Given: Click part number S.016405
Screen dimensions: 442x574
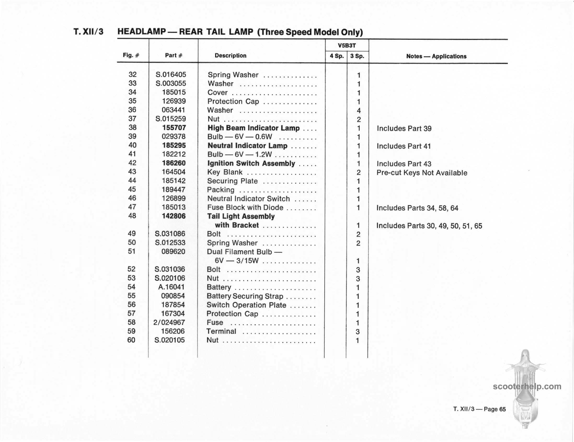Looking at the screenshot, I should pyautogui.click(x=171, y=75).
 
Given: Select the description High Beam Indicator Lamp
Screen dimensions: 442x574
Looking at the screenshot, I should pyautogui.click(x=253, y=128).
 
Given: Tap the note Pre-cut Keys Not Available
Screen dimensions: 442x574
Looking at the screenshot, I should pyautogui.click(x=422, y=173).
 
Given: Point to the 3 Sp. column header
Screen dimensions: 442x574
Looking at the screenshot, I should pyautogui.click(x=357, y=56).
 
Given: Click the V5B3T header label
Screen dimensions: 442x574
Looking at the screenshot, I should pyautogui.click(x=347, y=45).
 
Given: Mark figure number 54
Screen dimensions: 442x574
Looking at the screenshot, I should pyautogui.click(x=131, y=287).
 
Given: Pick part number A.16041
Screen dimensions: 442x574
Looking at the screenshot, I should pyautogui.click(x=171, y=287).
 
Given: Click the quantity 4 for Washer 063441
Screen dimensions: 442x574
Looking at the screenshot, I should pyautogui.click(x=359, y=110).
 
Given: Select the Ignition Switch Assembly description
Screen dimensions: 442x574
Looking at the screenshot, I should pyautogui.click(x=251, y=163).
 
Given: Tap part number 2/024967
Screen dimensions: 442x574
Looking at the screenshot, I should pyautogui.click(x=169, y=322).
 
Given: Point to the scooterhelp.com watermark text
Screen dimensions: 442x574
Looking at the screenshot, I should pyautogui.click(x=527, y=386).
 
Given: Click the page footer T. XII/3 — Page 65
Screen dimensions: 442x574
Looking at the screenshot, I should pyautogui.click(x=479, y=409).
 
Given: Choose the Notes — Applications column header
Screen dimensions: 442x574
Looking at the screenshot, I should pyautogui.click(x=436, y=56).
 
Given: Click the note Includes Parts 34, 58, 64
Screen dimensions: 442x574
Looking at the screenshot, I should pyautogui.click(x=417, y=208).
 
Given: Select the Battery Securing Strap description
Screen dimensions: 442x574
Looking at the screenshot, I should pyautogui.click(x=245, y=296).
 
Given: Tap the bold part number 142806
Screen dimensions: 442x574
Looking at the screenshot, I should pyautogui.click(x=174, y=216).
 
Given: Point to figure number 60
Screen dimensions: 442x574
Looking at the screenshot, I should pyautogui.click(x=131, y=340).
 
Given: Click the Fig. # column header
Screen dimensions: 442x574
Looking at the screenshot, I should pyautogui.click(x=131, y=55).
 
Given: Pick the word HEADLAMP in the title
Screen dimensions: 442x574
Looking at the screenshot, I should pyautogui.click(x=141, y=32).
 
